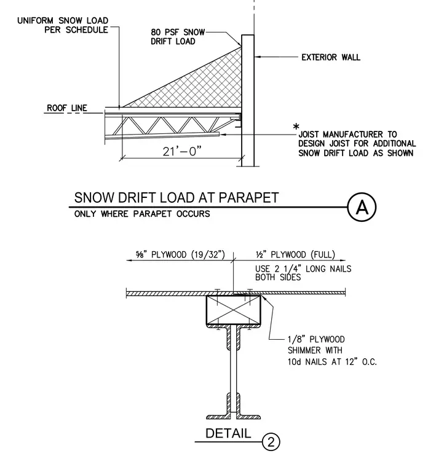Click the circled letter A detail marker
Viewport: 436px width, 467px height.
click(x=362, y=207)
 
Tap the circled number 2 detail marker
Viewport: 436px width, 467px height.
click(x=271, y=442)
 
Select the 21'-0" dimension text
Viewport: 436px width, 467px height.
click(x=182, y=151)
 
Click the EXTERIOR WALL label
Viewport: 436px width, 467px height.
click(x=331, y=57)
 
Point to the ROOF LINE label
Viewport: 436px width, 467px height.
click(x=67, y=108)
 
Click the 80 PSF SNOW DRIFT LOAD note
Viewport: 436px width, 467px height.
click(x=178, y=37)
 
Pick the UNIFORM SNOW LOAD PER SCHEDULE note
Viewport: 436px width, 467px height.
click(x=63, y=25)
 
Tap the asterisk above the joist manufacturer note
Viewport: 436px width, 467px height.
click(x=296, y=127)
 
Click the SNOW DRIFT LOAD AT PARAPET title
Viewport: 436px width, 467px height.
click(x=176, y=198)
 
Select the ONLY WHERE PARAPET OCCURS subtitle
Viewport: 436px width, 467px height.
click(x=142, y=214)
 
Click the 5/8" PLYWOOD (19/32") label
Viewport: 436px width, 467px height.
click(x=180, y=254)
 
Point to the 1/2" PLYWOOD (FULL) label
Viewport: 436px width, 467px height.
click(x=295, y=254)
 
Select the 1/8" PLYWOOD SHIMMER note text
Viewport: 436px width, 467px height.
click(x=316, y=345)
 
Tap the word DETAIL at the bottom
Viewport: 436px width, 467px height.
click(x=228, y=433)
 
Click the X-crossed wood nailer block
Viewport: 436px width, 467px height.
click(x=233, y=310)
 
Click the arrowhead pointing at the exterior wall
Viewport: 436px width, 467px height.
click(x=257, y=57)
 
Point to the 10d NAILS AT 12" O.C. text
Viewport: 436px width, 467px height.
click(x=332, y=362)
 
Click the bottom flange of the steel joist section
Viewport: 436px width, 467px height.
click(x=233, y=417)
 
